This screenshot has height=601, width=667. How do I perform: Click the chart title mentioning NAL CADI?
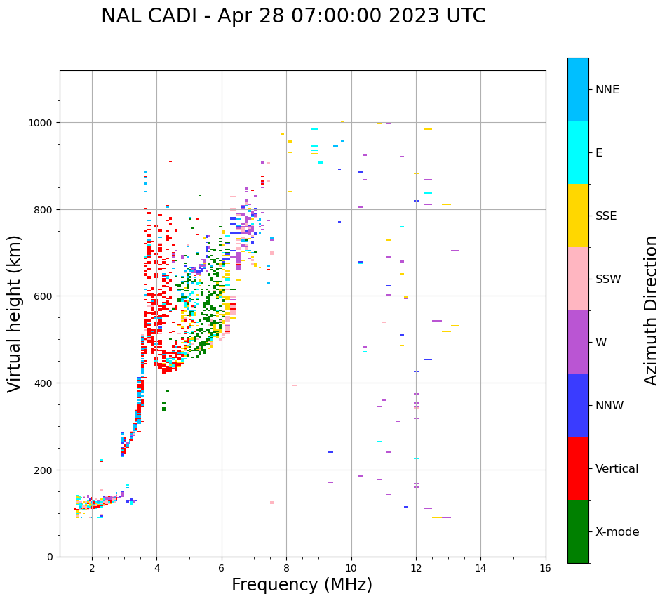(293, 16)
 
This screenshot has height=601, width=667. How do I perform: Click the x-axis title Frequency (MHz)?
(302, 585)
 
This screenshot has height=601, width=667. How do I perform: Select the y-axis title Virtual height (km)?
(15, 313)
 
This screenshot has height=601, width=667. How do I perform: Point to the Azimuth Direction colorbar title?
(652, 310)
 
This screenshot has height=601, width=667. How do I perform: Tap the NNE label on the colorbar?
(607, 89)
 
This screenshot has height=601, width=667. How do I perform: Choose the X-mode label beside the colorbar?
(617, 531)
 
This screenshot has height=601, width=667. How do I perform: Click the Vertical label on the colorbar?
(617, 468)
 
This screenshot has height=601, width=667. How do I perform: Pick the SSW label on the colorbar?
(608, 279)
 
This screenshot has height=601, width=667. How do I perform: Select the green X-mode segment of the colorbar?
(578, 531)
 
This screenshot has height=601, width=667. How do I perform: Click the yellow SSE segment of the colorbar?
(578, 216)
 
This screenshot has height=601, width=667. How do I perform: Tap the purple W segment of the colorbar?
(578, 342)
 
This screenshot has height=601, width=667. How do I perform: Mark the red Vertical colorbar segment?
(578, 468)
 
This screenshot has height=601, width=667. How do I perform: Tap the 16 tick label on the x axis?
(545, 568)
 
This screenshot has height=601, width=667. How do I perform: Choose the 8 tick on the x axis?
(286, 568)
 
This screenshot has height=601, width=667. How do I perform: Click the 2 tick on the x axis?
(92, 568)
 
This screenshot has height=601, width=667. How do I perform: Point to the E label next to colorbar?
(599, 152)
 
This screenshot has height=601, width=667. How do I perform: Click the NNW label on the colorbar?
(610, 405)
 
